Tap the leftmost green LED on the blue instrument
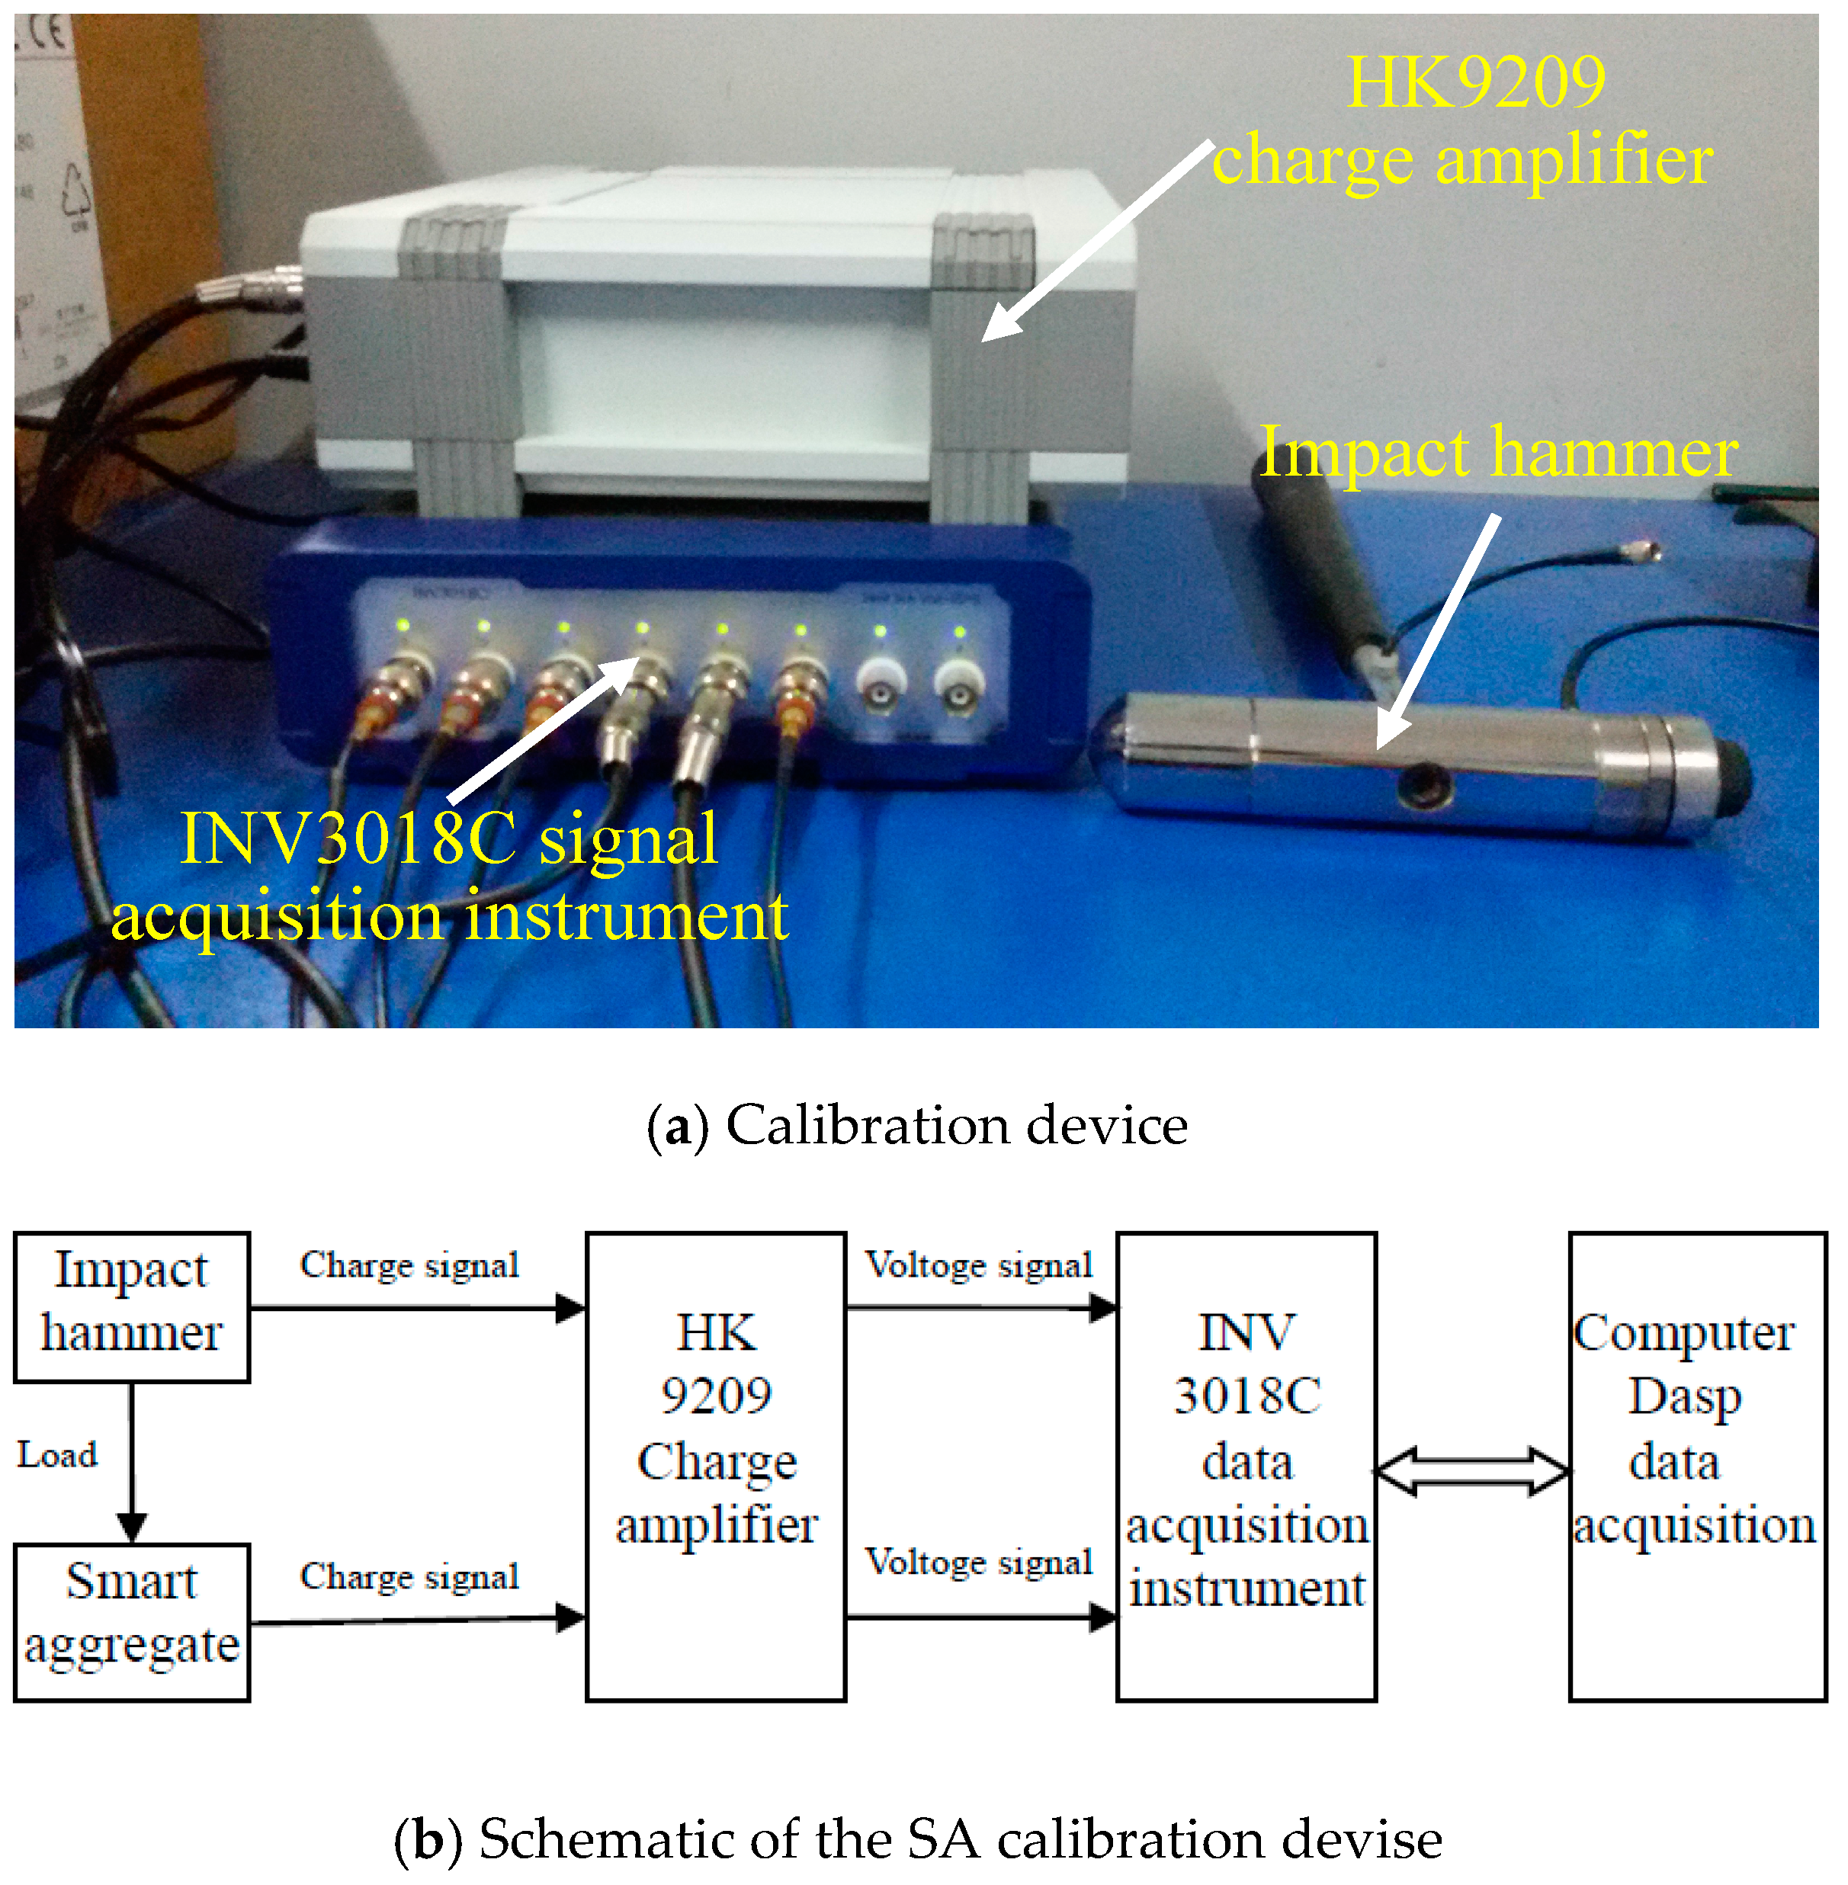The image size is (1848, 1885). pyautogui.click(x=403, y=626)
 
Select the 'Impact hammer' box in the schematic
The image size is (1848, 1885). pyautogui.click(x=132, y=1306)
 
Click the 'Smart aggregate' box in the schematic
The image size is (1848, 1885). pyautogui.click(x=132, y=1622)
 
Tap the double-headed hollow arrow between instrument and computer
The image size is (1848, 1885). pyautogui.click(x=1472, y=1472)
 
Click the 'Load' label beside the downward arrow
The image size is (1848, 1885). pyautogui.click(x=57, y=1455)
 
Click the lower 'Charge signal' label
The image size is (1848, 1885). pyautogui.click(x=409, y=1576)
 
